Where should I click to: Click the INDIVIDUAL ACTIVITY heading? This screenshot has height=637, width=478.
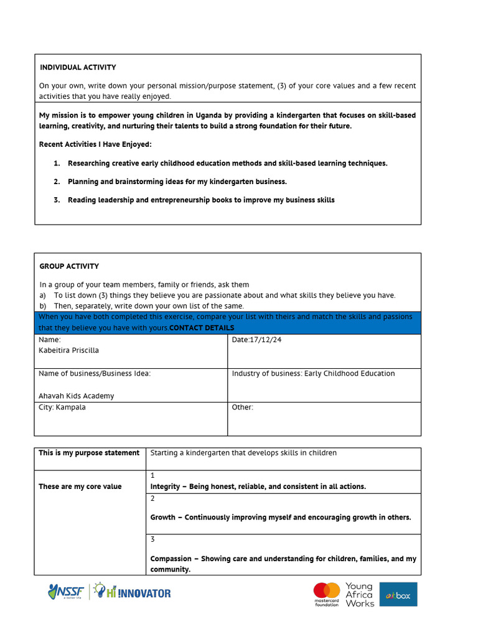coord(78,67)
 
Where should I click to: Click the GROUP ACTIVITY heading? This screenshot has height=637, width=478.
coord(69,266)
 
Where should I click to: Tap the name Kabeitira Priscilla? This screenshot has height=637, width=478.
coord(68,350)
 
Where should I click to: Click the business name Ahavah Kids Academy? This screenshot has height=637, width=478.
coord(76,396)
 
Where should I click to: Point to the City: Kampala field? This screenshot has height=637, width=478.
coord(62,407)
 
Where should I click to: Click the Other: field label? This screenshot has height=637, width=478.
coord(243,407)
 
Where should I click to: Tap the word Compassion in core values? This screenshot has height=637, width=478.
coord(171,559)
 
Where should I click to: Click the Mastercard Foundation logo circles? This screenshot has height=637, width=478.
coord(326,591)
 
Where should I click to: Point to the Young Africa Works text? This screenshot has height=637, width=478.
coord(359,595)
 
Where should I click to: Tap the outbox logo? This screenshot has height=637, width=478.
coord(398,595)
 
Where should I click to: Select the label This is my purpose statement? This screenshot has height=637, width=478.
coord(89,453)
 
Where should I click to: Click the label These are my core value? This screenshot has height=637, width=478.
coord(80,486)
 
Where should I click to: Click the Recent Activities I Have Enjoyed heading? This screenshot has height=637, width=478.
coord(95,144)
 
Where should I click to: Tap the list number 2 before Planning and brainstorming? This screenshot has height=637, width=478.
coord(56,182)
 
